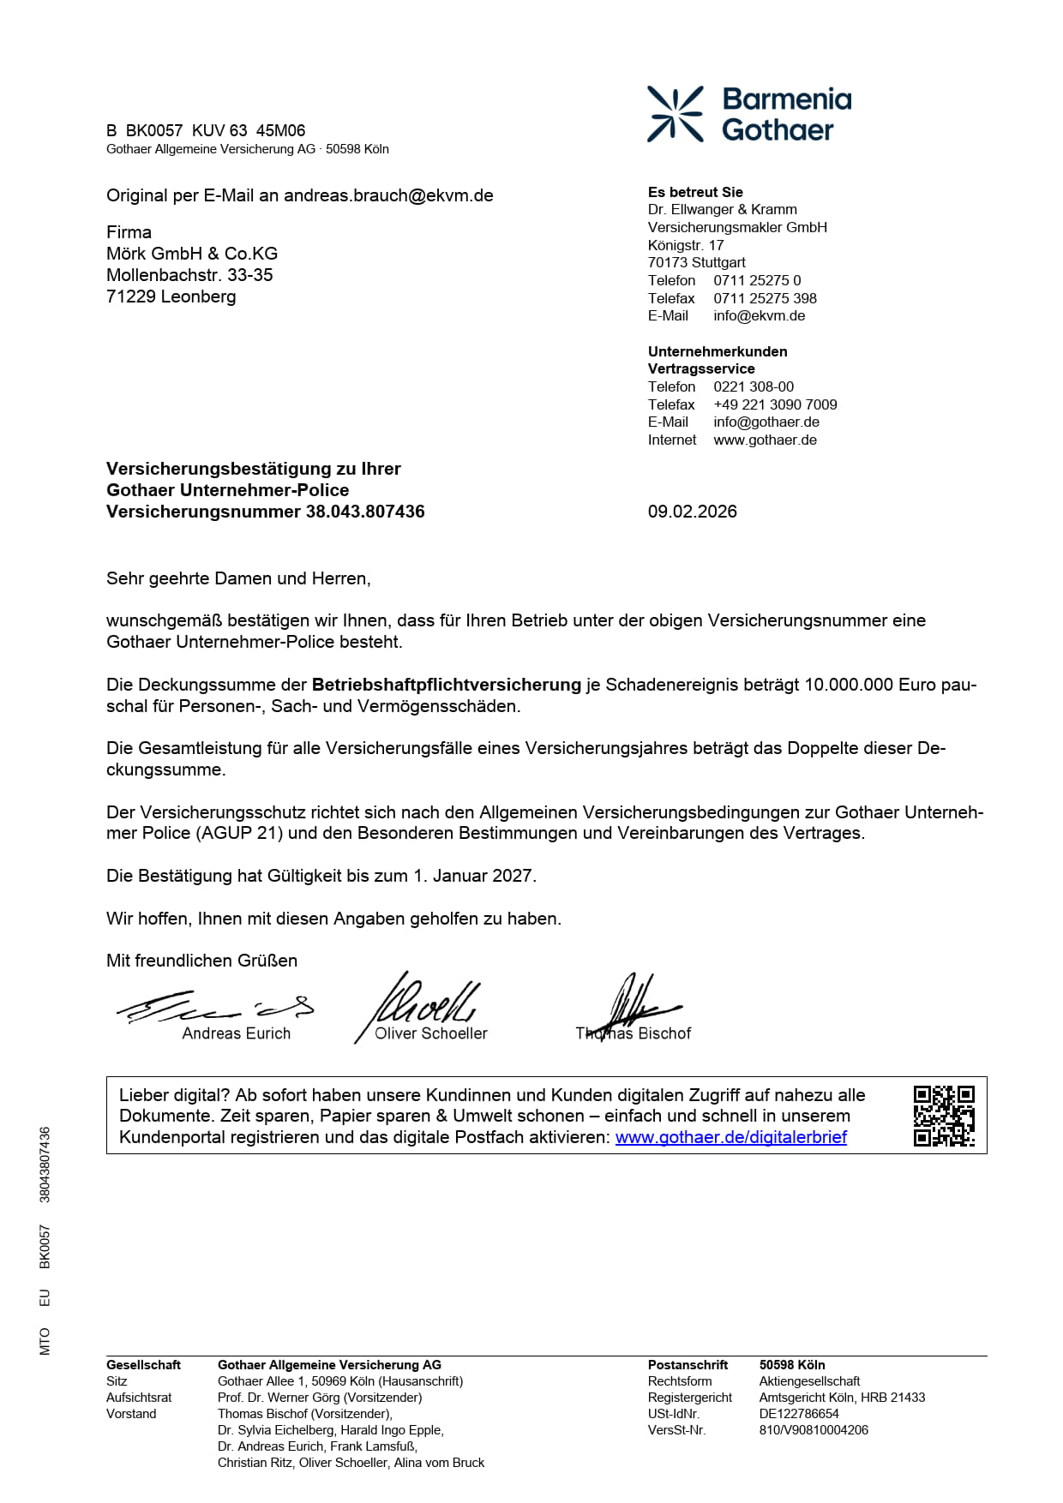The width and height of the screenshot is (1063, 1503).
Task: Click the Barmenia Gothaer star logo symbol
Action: tap(675, 114)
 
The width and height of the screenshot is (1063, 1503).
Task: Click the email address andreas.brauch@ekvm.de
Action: tap(388, 195)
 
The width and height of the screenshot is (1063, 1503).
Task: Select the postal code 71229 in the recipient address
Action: tap(130, 296)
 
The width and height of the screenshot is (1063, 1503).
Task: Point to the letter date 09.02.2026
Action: tap(692, 512)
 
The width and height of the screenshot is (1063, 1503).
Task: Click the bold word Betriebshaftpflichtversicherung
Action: tap(446, 685)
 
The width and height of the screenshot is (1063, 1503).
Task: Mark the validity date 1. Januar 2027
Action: tap(473, 876)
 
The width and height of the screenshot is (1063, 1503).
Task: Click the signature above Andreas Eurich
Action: tap(214, 1007)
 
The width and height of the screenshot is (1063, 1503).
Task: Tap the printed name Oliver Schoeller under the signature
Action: tap(430, 1033)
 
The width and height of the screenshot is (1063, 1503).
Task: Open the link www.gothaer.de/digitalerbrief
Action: tap(730, 1137)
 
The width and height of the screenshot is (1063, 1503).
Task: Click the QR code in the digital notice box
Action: tap(943, 1116)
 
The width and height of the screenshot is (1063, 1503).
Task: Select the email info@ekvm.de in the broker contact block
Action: tap(759, 315)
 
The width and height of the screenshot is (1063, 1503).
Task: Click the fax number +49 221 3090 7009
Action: tap(775, 404)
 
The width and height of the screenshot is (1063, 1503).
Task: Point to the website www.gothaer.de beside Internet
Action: tap(765, 440)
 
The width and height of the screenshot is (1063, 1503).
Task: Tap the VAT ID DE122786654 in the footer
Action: tap(799, 1414)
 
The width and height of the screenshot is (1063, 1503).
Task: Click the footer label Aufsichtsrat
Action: tap(139, 1398)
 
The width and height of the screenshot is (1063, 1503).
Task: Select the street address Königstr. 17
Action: tap(686, 245)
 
